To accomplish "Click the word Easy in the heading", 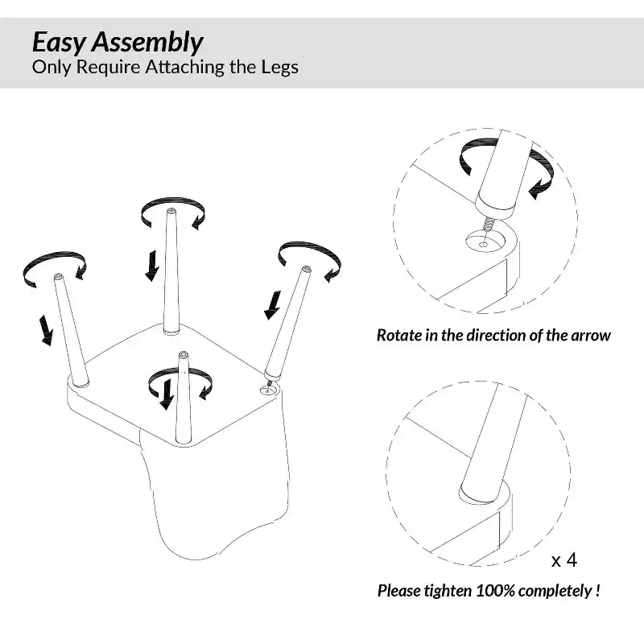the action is point(59,43).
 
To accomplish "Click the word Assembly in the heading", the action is point(147,43).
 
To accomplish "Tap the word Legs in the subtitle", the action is point(279,68).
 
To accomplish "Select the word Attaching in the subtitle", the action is point(184,68).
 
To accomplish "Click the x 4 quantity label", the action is point(564,560).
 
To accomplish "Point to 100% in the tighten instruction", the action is point(496,591).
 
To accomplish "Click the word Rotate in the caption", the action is point(399,335).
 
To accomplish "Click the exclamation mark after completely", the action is point(597,591).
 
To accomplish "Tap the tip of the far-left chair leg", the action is point(58,276).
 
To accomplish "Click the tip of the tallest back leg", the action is point(171,211).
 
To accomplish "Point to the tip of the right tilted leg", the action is point(307,269).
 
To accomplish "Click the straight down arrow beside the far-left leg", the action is point(46,330).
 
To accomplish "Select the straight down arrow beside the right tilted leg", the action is point(273,305).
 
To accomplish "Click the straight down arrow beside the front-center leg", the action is point(167,394).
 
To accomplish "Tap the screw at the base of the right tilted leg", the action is point(269,384).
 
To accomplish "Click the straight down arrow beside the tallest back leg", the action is point(152,266).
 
